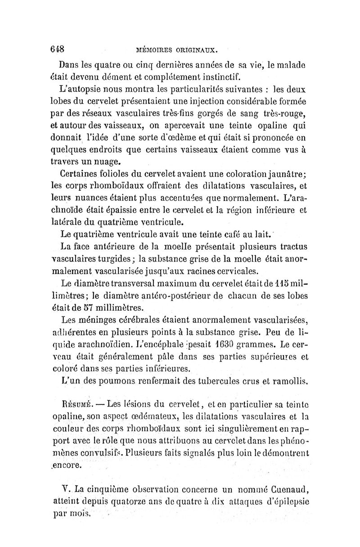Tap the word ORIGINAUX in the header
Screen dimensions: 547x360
click(196, 49)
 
